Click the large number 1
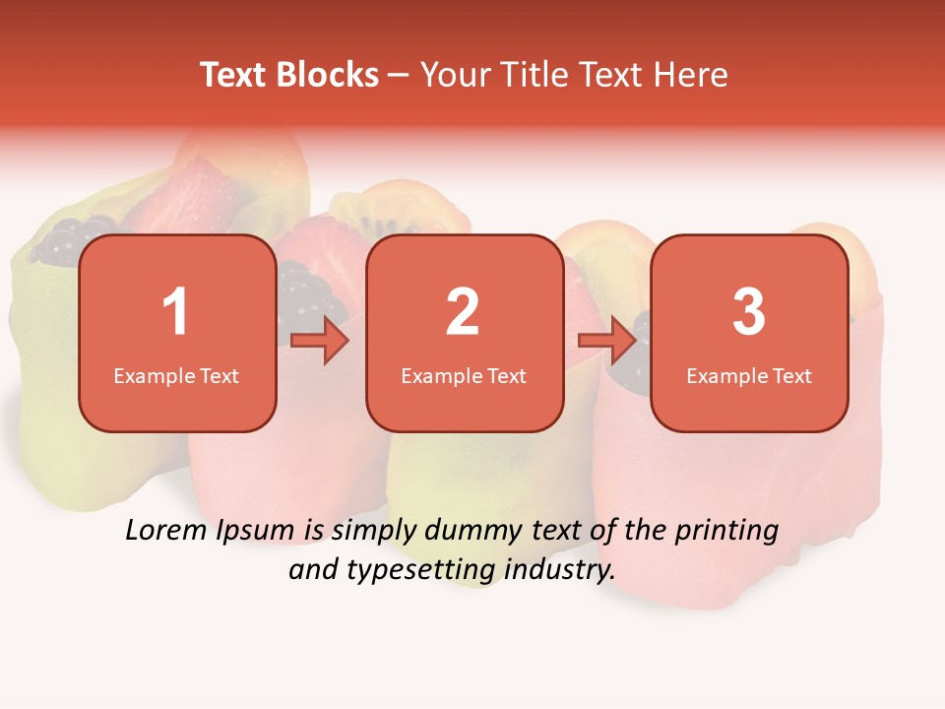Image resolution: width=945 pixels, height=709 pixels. point(175,312)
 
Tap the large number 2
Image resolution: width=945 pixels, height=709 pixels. point(463,312)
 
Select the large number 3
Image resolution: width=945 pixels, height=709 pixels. point(749,312)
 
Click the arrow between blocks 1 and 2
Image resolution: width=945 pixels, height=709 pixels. point(321,341)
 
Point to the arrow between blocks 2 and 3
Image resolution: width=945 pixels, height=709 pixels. point(607,341)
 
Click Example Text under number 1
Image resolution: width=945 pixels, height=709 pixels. point(176,375)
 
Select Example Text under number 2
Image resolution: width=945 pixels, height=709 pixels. point(464,375)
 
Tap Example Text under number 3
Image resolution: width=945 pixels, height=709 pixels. point(749,375)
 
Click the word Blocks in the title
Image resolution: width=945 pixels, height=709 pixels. point(328,75)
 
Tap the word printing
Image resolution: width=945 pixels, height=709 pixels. point(726,532)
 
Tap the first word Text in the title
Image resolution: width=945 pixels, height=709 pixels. point(235,75)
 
